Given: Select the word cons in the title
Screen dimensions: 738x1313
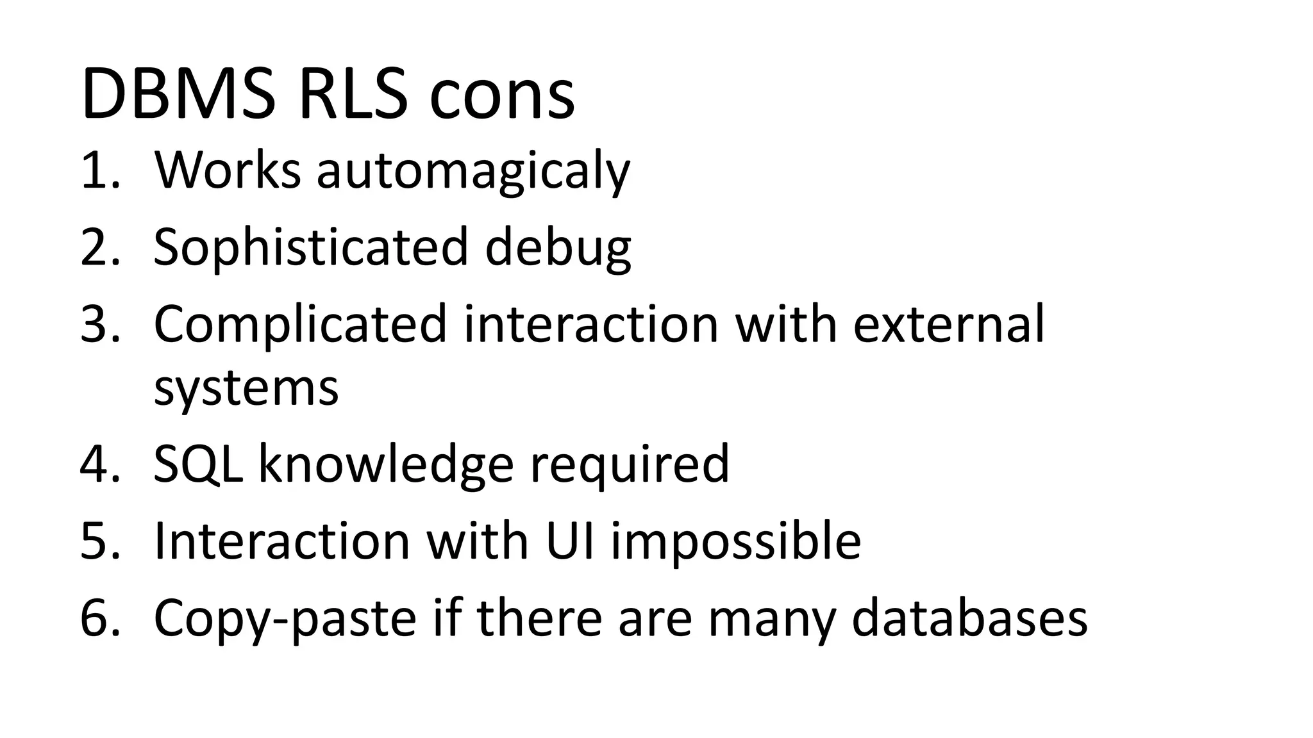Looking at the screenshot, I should coord(502,97).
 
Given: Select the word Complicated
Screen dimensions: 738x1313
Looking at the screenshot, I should coord(300,324).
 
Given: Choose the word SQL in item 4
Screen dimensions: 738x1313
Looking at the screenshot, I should coord(198,464).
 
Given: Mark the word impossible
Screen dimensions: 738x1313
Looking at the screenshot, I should coord(735,542).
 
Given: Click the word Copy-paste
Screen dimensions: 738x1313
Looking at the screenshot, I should coord(285,619).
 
